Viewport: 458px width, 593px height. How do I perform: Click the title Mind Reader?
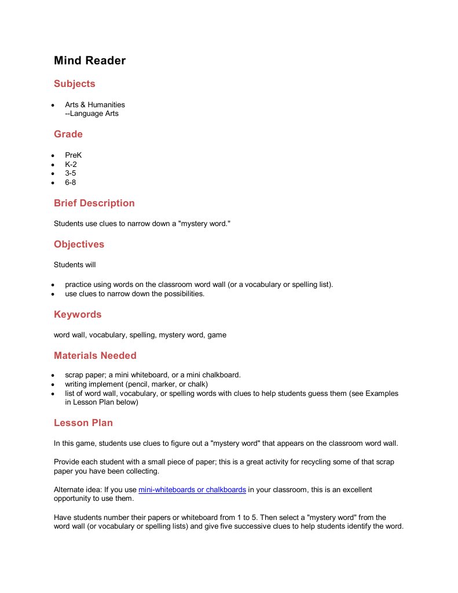pyautogui.click(x=90, y=60)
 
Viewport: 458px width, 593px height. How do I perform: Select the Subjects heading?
pyautogui.click(x=74, y=84)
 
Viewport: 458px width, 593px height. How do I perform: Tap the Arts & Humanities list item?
pyautogui.click(x=95, y=105)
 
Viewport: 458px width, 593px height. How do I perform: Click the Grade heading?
pyautogui.click(x=68, y=134)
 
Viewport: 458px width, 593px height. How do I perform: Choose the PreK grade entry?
pyautogui.click(x=74, y=155)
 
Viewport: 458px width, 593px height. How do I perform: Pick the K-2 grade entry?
pyautogui.click(x=71, y=165)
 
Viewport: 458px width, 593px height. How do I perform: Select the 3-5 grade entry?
pyautogui.click(x=71, y=173)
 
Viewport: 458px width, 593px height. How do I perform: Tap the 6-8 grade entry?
pyautogui.click(x=71, y=183)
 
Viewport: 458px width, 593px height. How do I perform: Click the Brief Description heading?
pyautogui.click(x=94, y=203)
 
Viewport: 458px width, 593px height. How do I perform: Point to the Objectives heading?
pyautogui.click(x=79, y=245)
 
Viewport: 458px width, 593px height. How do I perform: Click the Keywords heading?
pyautogui.click(x=78, y=315)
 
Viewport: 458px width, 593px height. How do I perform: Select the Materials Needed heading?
pyautogui.click(x=95, y=356)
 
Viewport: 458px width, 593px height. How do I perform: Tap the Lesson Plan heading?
pyautogui.click(x=83, y=423)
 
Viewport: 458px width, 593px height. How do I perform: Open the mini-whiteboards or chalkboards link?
pyautogui.click(x=192, y=490)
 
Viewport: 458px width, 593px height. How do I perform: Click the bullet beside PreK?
pyautogui.click(x=52, y=156)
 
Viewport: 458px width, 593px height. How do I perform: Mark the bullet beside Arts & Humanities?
pyautogui.click(x=52, y=105)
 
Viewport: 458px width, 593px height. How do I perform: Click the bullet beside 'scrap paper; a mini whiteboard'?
pyautogui.click(x=52, y=375)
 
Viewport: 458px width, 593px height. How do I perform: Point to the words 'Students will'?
pyautogui.click(x=75, y=265)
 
